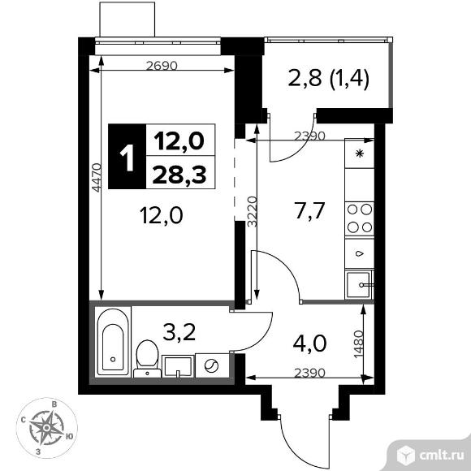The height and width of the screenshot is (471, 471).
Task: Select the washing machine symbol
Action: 212,365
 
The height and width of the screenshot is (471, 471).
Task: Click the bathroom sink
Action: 176,366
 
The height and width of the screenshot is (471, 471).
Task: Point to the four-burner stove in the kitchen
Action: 359,218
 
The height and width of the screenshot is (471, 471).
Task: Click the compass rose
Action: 54,424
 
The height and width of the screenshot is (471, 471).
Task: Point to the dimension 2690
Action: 162,67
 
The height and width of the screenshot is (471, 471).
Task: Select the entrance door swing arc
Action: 296,439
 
